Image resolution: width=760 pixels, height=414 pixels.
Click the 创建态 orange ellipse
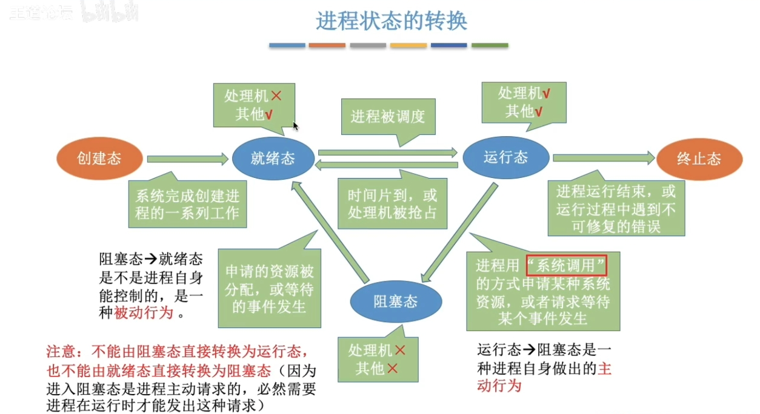pos(99,159)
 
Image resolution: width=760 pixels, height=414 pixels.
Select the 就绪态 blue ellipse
pos(273,159)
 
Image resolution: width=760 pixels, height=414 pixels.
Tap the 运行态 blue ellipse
pos(506,158)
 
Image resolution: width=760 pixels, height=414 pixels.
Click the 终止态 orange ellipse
pos(699,159)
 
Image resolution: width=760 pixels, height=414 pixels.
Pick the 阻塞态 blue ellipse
pos(396,301)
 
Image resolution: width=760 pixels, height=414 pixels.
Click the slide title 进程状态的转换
pos(392,21)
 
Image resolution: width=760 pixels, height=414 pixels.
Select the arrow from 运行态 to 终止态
pos(604,158)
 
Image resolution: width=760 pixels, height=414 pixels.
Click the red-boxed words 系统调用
pos(567,266)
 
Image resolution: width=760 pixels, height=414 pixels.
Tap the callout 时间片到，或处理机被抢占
pos(392,205)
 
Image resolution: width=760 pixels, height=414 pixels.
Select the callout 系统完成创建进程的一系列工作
pos(187,205)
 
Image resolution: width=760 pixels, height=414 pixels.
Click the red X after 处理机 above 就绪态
pos(276,96)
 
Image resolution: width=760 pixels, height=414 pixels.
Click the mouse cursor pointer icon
pos(296,126)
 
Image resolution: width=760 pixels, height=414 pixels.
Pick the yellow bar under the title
pos(408,45)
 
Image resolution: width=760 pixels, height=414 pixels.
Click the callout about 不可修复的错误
pos(616,209)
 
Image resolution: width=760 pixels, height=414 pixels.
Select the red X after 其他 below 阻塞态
pos(393,368)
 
